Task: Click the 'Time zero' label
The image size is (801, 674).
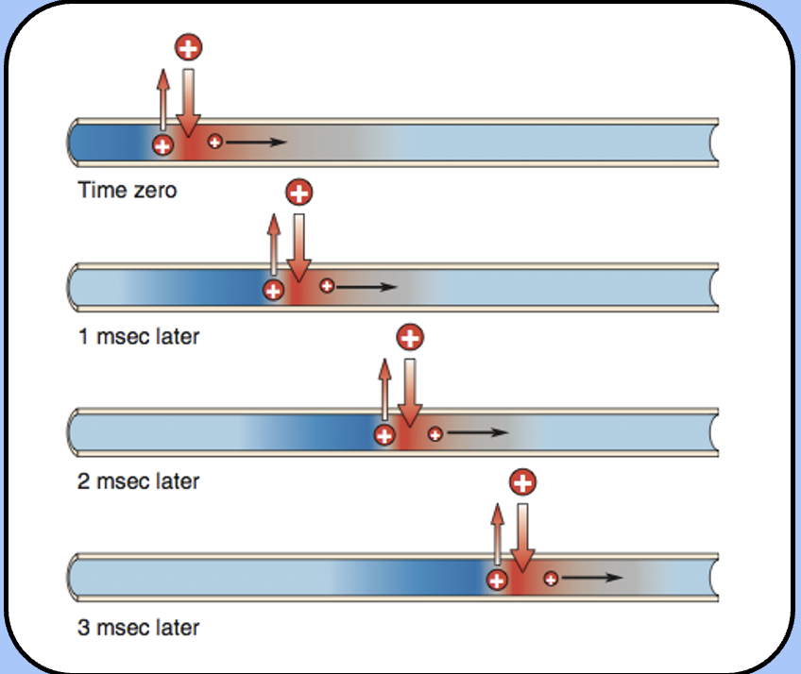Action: pyautogui.click(x=127, y=190)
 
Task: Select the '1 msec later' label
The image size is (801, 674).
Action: pyautogui.click(x=138, y=336)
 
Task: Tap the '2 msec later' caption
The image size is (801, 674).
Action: pyautogui.click(x=138, y=481)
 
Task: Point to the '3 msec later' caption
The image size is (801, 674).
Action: pyautogui.click(x=138, y=627)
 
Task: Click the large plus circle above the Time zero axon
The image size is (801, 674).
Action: pyautogui.click(x=189, y=47)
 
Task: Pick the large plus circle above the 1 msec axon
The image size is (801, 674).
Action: pyautogui.click(x=299, y=194)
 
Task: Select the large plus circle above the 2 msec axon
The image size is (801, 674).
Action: pyautogui.click(x=410, y=337)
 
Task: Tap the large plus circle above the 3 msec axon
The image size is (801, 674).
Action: pyautogui.click(x=521, y=483)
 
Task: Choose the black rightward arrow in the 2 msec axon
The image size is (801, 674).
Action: pyautogui.click(x=477, y=434)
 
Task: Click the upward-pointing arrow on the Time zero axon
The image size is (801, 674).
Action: pyautogui.click(x=162, y=99)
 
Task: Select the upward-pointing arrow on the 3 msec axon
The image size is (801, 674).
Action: pyautogui.click(x=497, y=534)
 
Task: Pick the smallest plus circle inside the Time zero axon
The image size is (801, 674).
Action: pyautogui.click(x=215, y=142)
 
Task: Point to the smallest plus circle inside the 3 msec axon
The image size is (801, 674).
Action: pyautogui.click(x=550, y=578)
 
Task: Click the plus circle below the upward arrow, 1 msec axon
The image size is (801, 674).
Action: pyautogui.click(x=273, y=290)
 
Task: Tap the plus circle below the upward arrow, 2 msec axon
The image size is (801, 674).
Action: pyautogui.click(x=384, y=435)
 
